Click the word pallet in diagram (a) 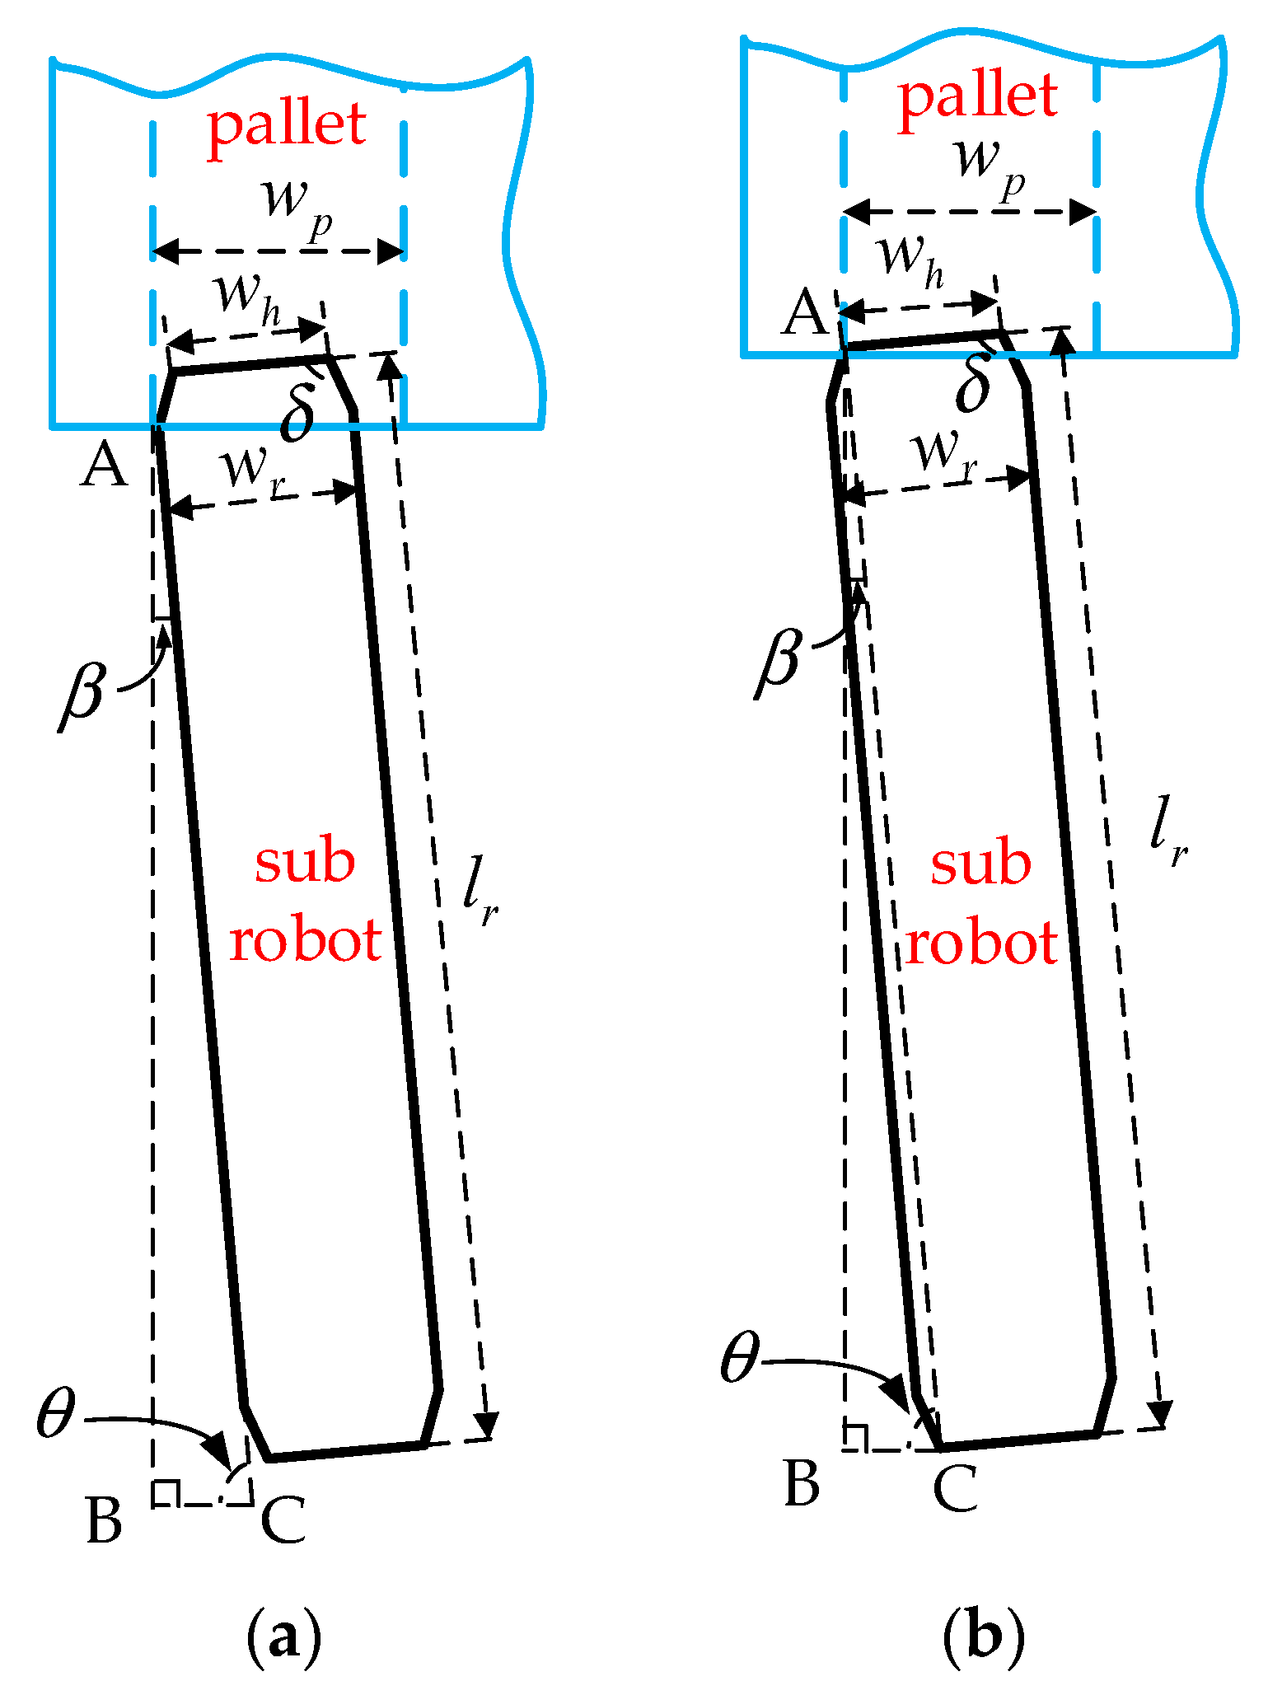click(x=286, y=125)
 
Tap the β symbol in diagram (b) click(x=780, y=659)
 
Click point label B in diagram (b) click(x=802, y=1483)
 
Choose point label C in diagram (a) click(x=283, y=1519)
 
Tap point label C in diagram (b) click(x=956, y=1488)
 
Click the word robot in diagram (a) click(x=306, y=941)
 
